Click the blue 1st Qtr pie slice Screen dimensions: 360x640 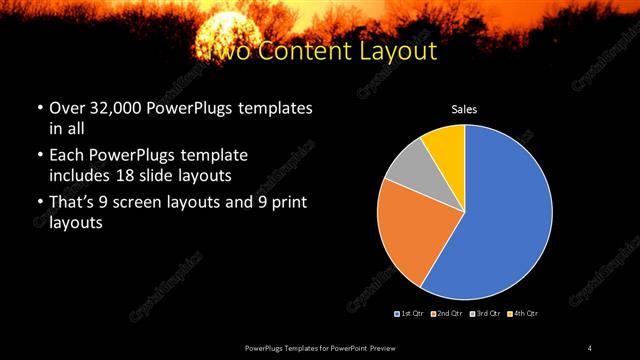pos(500,215)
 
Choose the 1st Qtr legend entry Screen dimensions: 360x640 pos(411,314)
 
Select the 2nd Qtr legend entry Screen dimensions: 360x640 pos(447,314)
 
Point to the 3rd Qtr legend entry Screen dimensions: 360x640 pos(484,314)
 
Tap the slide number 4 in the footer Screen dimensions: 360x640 pos(590,347)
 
